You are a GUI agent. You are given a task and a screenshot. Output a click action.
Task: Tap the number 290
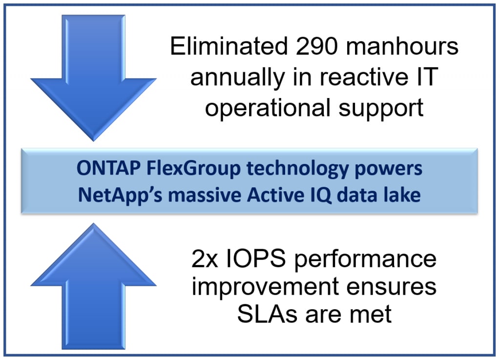[316, 46]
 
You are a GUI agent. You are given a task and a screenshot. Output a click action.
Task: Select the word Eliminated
[229, 46]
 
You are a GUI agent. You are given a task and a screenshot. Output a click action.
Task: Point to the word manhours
[402, 46]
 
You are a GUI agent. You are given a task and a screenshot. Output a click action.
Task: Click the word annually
[238, 78]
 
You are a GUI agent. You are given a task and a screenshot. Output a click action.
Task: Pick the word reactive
[364, 77]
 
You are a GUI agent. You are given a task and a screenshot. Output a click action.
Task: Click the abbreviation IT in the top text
[427, 77]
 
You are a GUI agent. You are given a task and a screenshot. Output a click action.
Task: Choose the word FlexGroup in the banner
[193, 168]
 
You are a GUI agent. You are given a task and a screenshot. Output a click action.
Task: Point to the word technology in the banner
[297, 168]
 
